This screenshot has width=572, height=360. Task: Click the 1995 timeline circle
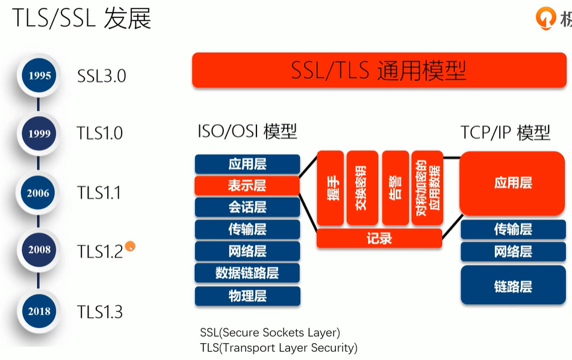click(39, 76)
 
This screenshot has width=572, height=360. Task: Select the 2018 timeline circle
click(39, 311)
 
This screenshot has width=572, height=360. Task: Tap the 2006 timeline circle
click(39, 193)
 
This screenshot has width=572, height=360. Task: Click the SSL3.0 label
click(101, 76)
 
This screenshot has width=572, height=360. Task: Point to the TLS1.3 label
click(100, 312)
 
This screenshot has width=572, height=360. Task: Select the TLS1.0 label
click(100, 133)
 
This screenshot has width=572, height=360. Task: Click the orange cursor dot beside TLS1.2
click(130, 246)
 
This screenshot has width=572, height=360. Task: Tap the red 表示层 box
click(247, 185)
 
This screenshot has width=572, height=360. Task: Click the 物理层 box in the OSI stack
click(247, 296)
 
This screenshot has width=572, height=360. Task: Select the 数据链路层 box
click(247, 273)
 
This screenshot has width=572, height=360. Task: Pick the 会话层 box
click(247, 207)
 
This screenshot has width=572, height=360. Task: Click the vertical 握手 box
click(331, 188)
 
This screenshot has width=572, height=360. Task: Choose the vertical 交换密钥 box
click(362, 188)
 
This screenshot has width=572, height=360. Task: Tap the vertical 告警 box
click(395, 188)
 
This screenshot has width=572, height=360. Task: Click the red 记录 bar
click(379, 238)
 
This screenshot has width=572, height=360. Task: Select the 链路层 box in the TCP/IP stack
click(512, 286)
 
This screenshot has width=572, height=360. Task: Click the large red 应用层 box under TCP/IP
click(512, 183)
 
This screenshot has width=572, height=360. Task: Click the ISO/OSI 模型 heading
click(247, 131)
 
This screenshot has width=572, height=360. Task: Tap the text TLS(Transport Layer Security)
click(279, 347)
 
